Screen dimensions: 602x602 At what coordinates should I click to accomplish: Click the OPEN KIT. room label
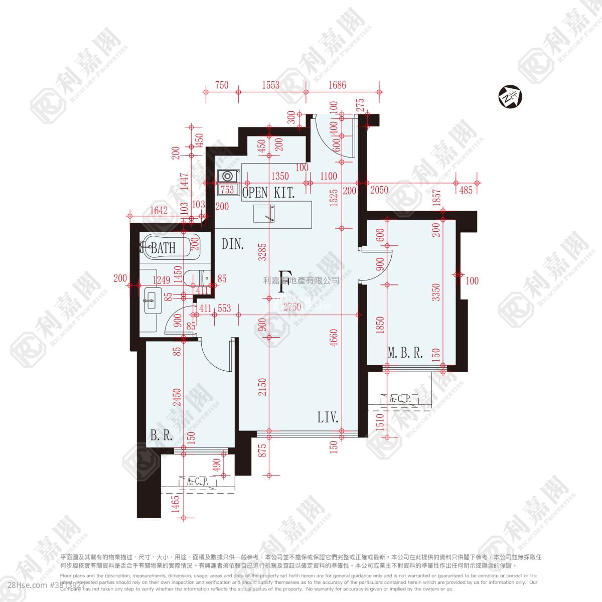click(x=268, y=194)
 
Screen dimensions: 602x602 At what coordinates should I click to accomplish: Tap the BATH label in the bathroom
click(x=164, y=248)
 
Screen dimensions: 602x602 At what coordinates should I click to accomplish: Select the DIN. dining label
click(x=233, y=245)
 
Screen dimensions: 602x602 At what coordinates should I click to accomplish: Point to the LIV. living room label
click(x=328, y=417)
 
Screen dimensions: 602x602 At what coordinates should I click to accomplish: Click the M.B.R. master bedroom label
click(x=405, y=353)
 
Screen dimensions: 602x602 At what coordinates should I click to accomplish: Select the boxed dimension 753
click(x=227, y=190)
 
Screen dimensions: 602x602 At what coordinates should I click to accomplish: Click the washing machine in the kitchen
click(x=228, y=176)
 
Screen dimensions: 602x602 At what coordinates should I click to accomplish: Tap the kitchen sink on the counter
click(x=264, y=212)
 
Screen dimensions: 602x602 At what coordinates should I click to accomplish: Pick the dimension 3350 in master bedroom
click(x=436, y=292)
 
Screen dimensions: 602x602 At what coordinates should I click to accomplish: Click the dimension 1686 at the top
click(x=337, y=85)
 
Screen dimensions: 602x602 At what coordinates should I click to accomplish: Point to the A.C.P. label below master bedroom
click(x=400, y=399)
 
